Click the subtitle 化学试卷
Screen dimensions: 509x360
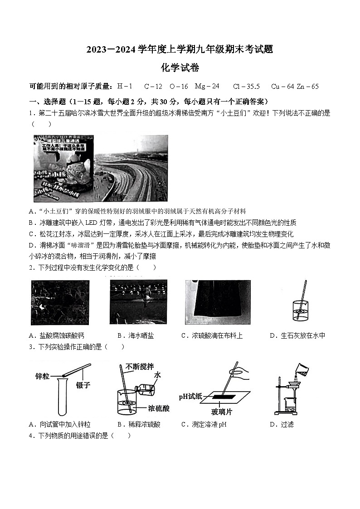(180, 68)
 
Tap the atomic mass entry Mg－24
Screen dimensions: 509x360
(207, 86)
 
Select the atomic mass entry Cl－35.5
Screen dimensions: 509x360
(246, 86)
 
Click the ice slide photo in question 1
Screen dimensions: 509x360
(100, 169)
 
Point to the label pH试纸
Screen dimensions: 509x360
(190, 396)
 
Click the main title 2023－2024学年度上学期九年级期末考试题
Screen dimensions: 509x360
(180, 50)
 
